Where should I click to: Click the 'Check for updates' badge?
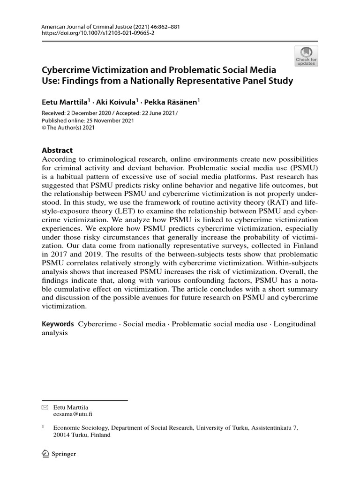[306, 56]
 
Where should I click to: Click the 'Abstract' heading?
[57, 150]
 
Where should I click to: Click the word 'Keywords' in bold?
[58, 324]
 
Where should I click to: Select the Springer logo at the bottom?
[59, 454]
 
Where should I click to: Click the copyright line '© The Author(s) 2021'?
[70, 127]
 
